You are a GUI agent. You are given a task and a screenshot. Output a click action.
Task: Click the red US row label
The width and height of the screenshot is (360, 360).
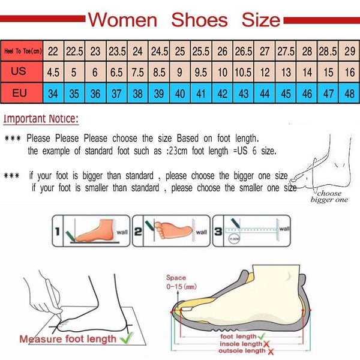tap(19, 71)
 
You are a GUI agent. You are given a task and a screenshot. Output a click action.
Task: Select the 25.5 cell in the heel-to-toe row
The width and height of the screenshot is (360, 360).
tap(200, 51)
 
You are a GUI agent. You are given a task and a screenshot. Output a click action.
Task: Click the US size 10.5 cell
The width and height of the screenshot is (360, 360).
tap(243, 72)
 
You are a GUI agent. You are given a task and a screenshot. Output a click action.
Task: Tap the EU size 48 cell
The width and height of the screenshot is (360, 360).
tap(349, 93)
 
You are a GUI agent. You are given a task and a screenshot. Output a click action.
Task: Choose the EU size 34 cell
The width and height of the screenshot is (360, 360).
tap(53, 93)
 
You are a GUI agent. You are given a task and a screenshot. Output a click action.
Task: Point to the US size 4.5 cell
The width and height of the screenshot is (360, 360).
tap(53, 72)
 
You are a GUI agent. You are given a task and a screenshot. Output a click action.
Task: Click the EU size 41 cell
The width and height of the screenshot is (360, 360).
tap(200, 93)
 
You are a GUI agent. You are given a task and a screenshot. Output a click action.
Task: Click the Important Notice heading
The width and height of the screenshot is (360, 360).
tap(41, 119)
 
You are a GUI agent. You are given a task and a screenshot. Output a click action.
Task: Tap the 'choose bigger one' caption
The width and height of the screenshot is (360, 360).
tap(329, 196)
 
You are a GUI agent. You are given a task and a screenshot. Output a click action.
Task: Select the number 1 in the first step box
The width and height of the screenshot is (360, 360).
tap(58, 231)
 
